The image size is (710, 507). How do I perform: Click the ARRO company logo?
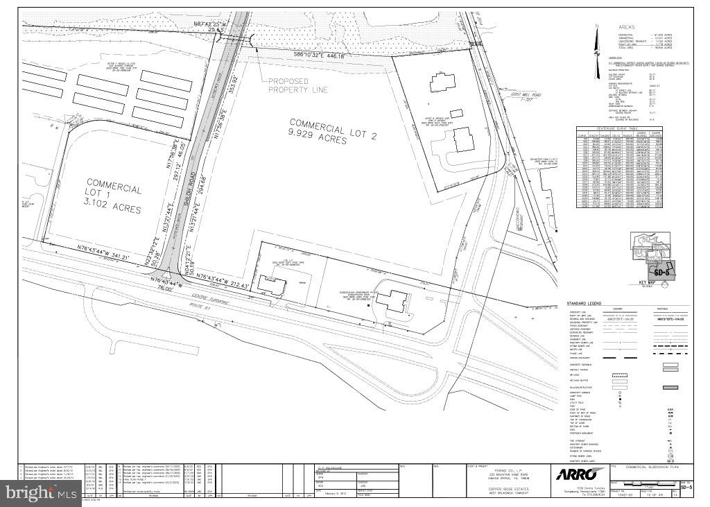pyautogui.click(x=573, y=474)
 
